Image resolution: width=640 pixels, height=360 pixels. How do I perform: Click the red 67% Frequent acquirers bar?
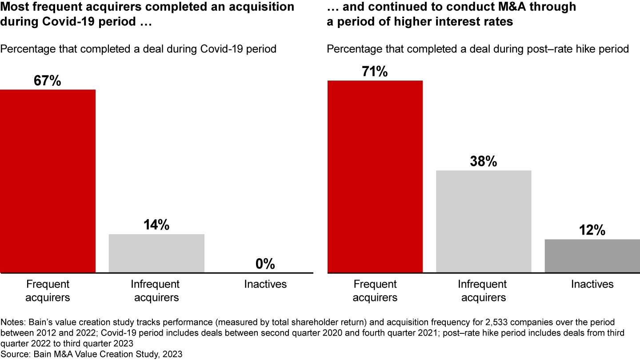point(48,181)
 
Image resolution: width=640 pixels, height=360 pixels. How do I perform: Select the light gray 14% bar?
point(156,253)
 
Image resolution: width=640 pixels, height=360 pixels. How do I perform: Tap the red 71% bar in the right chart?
point(375,176)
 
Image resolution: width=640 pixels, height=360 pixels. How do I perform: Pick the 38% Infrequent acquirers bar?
point(484,221)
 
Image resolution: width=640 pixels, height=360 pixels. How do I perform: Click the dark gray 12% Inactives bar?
point(592,256)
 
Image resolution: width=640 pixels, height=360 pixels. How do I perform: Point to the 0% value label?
point(265,264)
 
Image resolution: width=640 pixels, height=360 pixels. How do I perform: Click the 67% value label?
point(48,81)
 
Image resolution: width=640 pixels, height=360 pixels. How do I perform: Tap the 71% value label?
point(375,72)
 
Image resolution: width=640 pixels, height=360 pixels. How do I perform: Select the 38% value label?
point(484,162)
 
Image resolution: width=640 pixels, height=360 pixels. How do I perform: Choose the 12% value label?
point(592,231)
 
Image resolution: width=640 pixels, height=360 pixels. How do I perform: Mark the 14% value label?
point(156,225)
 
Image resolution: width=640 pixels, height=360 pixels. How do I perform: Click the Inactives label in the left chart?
point(265,284)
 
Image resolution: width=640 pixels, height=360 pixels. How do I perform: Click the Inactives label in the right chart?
point(592,284)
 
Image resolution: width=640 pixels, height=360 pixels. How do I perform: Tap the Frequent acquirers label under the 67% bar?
point(48,291)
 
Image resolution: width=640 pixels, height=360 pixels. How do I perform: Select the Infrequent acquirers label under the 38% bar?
point(484,291)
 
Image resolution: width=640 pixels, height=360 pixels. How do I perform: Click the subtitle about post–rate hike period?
point(478,48)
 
